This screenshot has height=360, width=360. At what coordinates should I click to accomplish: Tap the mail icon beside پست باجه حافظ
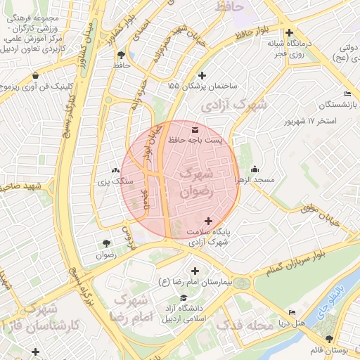click(195, 130)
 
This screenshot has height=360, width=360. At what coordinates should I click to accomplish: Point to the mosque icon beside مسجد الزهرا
click(255, 169)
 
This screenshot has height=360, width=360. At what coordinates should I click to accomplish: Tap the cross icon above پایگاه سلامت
click(207, 221)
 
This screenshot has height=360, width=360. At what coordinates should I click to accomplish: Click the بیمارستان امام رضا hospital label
click(195, 282)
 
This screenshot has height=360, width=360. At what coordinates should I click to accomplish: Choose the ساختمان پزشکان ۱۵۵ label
click(202, 85)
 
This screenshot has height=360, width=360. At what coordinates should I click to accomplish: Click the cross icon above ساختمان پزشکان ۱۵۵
click(202, 75)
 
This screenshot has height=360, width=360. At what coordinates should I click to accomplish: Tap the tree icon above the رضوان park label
click(106, 244)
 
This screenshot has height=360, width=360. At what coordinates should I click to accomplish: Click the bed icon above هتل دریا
click(292, 313)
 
